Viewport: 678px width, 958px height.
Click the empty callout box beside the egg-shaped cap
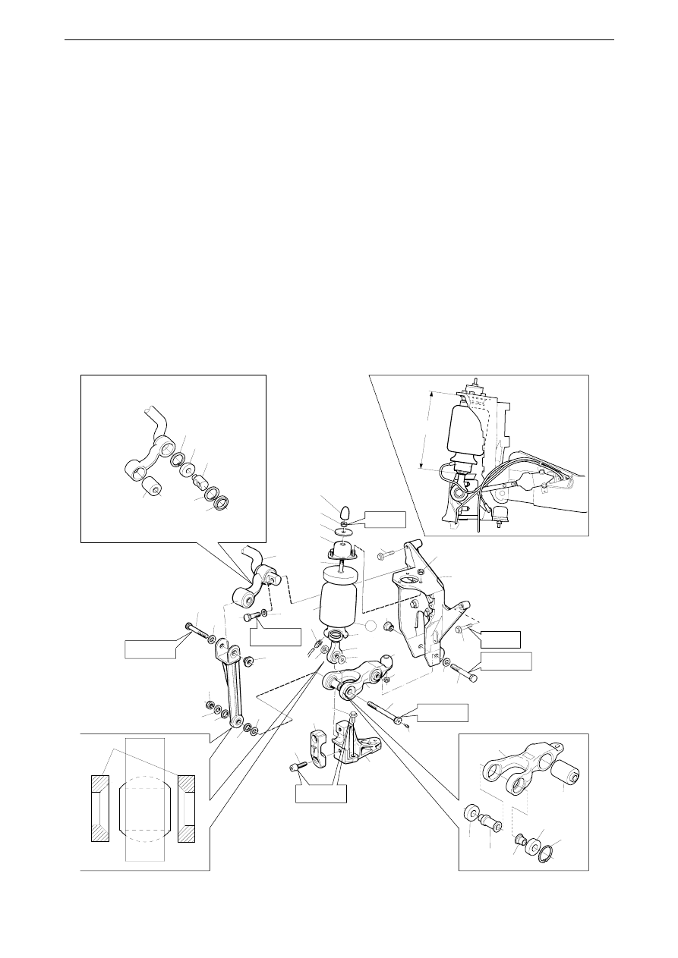click(x=384, y=520)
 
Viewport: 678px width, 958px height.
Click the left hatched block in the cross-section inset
click(x=100, y=809)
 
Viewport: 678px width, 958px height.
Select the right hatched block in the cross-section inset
click(x=187, y=809)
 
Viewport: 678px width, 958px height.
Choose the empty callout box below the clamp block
click(x=321, y=793)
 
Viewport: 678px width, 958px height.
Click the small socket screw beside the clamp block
click(x=297, y=768)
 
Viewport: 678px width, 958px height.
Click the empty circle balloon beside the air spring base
click(x=370, y=627)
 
